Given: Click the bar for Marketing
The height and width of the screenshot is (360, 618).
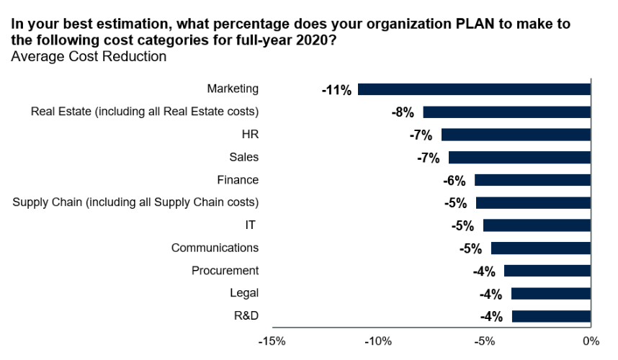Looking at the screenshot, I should (474, 89).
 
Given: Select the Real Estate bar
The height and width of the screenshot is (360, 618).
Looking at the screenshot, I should (507, 112).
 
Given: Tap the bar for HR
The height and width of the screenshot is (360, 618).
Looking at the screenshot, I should (516, 135).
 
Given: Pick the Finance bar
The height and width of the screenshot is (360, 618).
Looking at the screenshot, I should (532, 180).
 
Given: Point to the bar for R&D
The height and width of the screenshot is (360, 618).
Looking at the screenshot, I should (551, 316).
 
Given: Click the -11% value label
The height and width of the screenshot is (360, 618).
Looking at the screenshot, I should (337, 90).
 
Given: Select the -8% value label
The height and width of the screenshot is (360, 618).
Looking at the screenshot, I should (403, 112).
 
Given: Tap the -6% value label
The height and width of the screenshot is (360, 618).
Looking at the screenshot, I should (454, 181).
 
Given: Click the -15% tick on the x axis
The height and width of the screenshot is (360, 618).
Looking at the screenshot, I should (272, 341).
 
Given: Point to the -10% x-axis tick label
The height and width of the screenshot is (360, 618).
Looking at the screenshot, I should (378, 341).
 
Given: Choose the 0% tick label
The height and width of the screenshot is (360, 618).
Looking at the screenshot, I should (591, 341).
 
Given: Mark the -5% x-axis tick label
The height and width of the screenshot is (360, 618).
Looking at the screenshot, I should (485, 341).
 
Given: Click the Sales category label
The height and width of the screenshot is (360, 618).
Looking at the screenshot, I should (243, 157).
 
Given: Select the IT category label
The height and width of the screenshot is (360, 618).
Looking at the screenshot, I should (251, 225).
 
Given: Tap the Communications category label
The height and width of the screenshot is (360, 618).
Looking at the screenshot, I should (215, 248).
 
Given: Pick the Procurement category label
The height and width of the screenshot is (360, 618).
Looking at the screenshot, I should (225, 271).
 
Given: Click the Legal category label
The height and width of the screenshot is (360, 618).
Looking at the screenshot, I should (244, 293).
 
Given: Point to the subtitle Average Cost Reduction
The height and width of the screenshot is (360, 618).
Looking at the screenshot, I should (89, 56).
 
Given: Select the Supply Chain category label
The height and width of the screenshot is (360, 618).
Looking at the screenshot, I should (135, 202).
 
